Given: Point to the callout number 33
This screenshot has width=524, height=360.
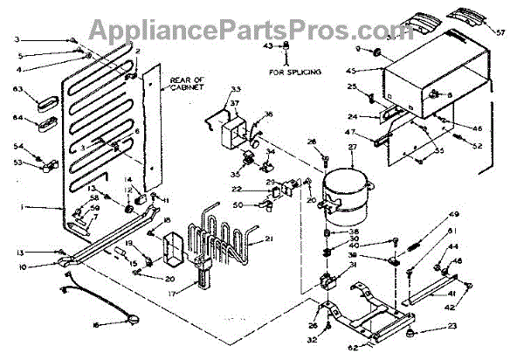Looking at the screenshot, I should tap(210, 89).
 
